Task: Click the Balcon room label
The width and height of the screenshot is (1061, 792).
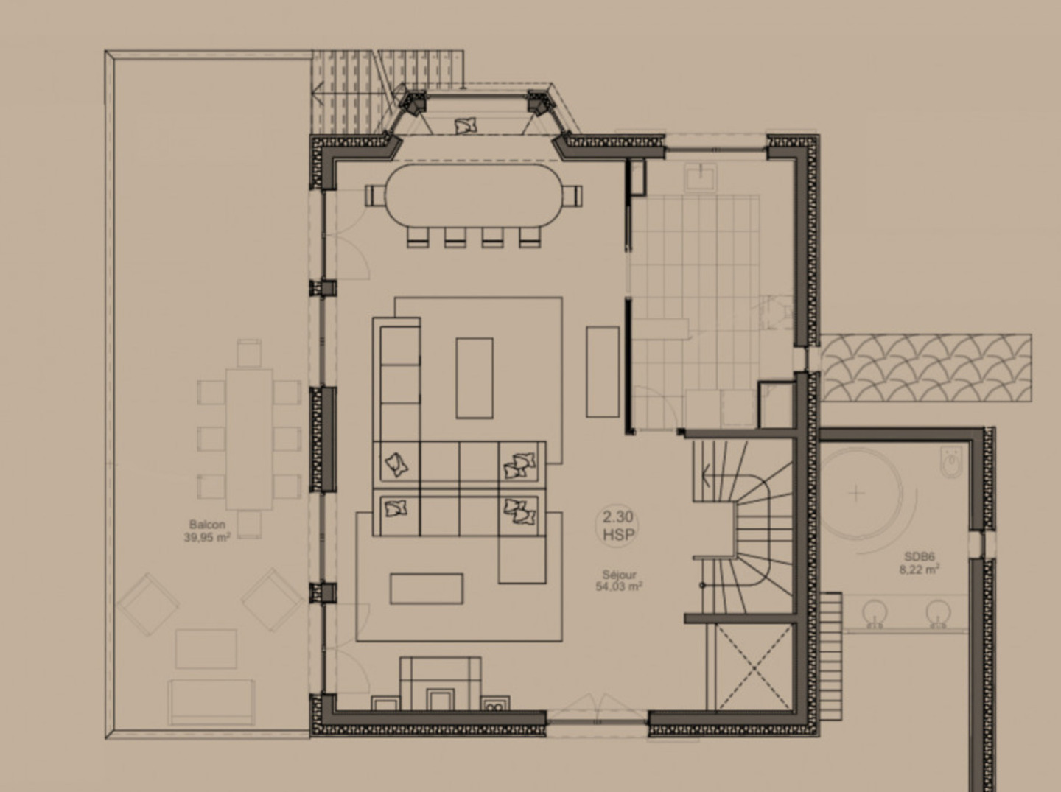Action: tap(207, 525)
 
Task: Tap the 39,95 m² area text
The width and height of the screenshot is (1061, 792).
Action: tap(207, 537)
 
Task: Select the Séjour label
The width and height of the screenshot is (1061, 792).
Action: tap(619, 575)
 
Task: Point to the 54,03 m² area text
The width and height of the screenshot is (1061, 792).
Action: tap(619, 586)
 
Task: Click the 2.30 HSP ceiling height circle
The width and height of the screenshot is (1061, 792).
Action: tap(617, 526)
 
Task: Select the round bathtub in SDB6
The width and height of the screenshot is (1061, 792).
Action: tap(857, 494)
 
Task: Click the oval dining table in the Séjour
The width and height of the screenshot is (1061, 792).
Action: tap(475, 196)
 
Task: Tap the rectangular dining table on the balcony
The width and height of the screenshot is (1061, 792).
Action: tap(250, 439)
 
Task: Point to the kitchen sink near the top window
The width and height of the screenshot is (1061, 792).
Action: tap(700, 178)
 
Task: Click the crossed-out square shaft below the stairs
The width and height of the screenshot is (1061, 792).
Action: tap(754, 667)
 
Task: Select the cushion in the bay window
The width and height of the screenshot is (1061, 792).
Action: tap(466, 126)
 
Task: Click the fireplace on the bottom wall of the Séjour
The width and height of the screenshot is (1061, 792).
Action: tap(440, 683)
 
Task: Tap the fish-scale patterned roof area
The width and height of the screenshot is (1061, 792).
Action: tap(926, 368)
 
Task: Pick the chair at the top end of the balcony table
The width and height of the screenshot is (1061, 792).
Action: tap(250, 353)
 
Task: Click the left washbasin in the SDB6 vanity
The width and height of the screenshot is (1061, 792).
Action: tap(875, 613)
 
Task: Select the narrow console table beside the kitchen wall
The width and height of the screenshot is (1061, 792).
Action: tap(603, 371)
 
